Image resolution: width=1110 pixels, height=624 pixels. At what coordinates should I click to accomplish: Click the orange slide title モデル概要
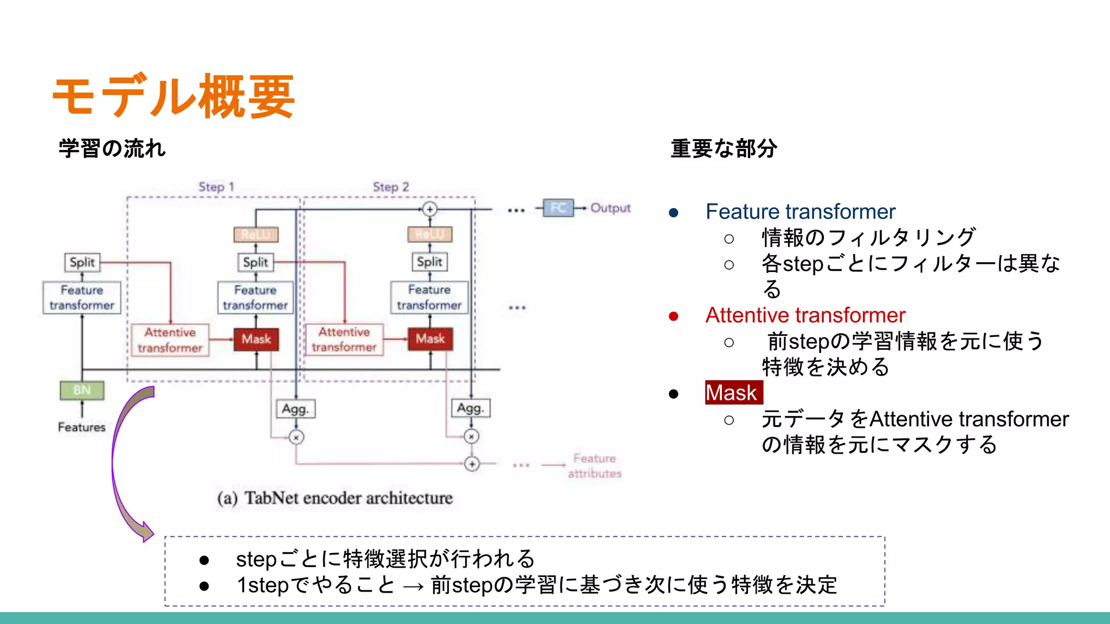pos(173,96)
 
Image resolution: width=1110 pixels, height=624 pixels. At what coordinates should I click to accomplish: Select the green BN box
pos(82,390)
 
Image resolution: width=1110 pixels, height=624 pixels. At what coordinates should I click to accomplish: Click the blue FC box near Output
pos(558,208)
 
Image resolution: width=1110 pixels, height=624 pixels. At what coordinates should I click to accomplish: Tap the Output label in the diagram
pos(610,208)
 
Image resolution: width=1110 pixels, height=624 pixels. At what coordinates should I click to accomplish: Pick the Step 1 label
pos(216,187)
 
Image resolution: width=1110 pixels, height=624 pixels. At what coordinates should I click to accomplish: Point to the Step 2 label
pos(390,187)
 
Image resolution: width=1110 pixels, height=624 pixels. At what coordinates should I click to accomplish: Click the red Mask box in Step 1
pos(256,339)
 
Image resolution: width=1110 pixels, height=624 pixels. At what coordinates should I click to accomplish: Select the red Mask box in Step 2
pos(430,339)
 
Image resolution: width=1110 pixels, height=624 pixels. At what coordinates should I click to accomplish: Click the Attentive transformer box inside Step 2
pos(344,340)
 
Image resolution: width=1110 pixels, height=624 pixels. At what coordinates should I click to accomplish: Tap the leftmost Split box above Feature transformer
pos(82,262)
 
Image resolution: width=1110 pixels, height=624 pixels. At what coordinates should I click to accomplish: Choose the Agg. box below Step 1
pos(295,409)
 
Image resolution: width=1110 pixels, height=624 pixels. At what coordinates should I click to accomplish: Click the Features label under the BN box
pos(82,427)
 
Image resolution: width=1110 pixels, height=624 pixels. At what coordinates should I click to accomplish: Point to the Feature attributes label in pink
pos(595,466)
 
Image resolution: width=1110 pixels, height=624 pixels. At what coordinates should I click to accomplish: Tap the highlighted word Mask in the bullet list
pos(733,393)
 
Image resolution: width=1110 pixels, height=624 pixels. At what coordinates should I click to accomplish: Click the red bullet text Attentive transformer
pos(805,315)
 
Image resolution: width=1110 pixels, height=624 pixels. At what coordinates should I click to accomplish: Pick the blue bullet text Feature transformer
pos(800,211)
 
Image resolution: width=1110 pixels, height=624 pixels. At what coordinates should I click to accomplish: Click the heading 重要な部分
pos(724,148)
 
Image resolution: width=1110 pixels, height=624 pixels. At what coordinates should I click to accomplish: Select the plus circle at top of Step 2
pos(430,209)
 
